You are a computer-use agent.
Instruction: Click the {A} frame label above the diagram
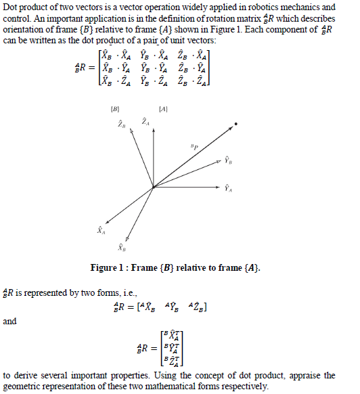163,108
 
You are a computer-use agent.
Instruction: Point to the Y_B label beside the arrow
229,162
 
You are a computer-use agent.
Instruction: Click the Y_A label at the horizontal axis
229,188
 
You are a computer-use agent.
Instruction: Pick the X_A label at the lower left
101,232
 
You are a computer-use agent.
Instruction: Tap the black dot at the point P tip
235,124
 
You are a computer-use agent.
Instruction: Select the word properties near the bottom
152,375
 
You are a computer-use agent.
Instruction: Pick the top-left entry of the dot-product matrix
112,56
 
